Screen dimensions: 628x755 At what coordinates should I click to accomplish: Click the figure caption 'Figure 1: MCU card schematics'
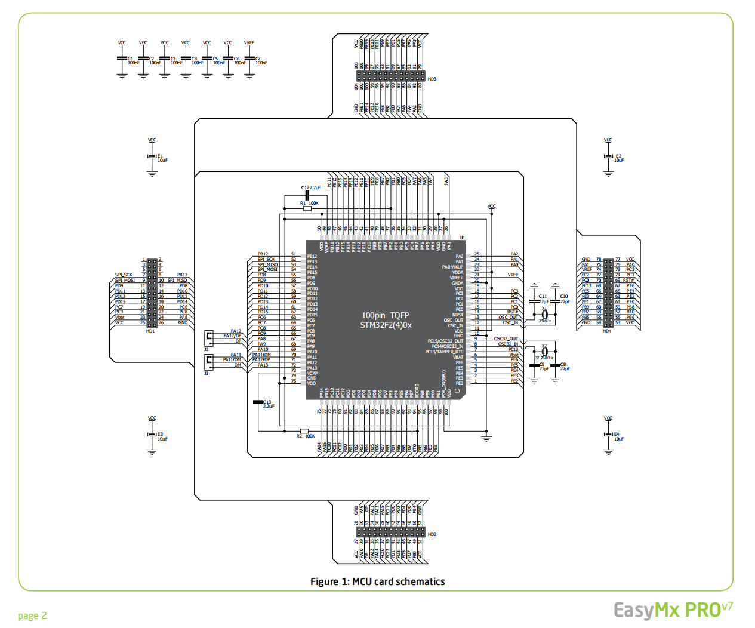tap(377, 581)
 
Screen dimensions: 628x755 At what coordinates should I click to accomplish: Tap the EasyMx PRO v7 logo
tap(673, 610)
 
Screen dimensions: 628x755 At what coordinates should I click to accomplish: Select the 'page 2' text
tap(32, 616)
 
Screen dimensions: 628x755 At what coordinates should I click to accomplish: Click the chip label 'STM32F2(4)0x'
tap(386, 325)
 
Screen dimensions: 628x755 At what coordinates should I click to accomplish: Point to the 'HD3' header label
tap(432, 79)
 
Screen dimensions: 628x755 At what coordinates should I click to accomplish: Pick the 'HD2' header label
tap(432, 535)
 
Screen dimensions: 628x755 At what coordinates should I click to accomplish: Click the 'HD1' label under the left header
tap(150, 331)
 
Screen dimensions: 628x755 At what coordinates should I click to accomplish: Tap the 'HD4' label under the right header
tap(607, 331)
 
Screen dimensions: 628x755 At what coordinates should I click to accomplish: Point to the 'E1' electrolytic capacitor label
tap(160, 156)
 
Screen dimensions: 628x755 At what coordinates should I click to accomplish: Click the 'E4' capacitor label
tap(617, 435)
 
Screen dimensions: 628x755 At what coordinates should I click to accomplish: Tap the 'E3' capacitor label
tap(160, 435)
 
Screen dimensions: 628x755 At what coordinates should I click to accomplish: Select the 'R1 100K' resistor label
tap(309, 204)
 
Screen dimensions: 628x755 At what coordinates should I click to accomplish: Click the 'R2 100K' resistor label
tap(306, 436)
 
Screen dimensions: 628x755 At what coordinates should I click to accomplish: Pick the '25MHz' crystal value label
tap(544, 321)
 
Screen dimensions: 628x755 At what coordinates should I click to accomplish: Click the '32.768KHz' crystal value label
tap(544, 358)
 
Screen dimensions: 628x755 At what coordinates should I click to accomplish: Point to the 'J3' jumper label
tap(207, 373)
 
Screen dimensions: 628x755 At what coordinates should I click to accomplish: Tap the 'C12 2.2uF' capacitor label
tap(311, 188)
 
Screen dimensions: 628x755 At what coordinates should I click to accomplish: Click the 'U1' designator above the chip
tap(462, 238)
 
